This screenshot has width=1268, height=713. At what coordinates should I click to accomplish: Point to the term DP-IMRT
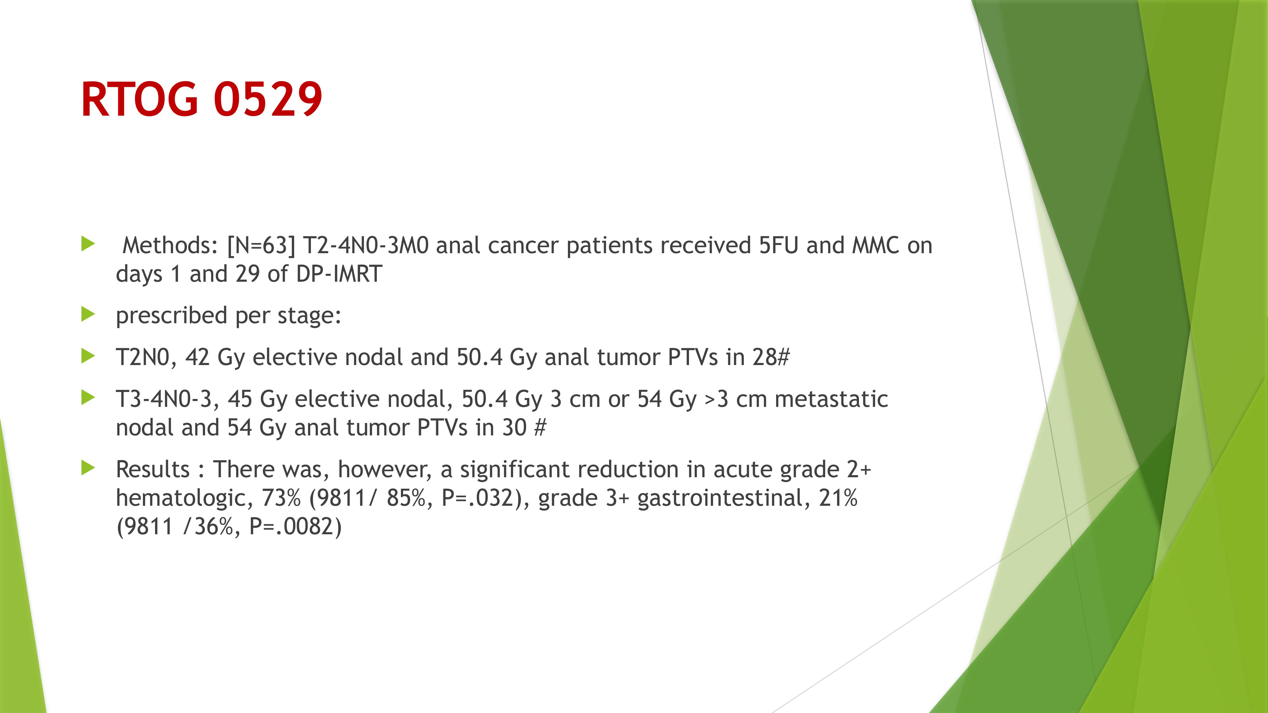pyautogui.click(x=339, y=273)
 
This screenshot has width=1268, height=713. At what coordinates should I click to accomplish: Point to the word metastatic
pyautogui.click(x=831, y=399)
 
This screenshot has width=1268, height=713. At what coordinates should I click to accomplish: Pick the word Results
pyautogui.click(x=152, y=469)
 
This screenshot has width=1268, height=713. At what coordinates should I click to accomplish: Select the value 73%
pyautogui.click(x=281, y=498)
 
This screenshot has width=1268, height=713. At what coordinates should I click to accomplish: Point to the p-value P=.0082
pyautogui.click(x=292, y=526)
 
